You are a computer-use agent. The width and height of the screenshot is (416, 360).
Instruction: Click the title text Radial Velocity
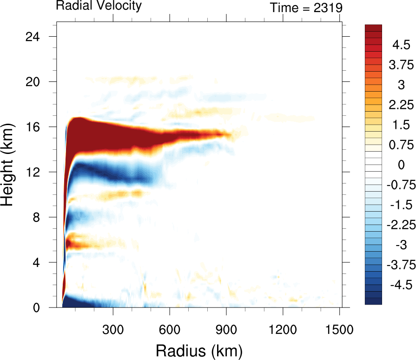(x=98, y=6)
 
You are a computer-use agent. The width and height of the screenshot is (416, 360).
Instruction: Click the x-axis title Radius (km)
(x=199, y=349)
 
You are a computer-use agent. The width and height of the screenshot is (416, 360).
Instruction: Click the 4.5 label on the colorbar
(x=401, y=45)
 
